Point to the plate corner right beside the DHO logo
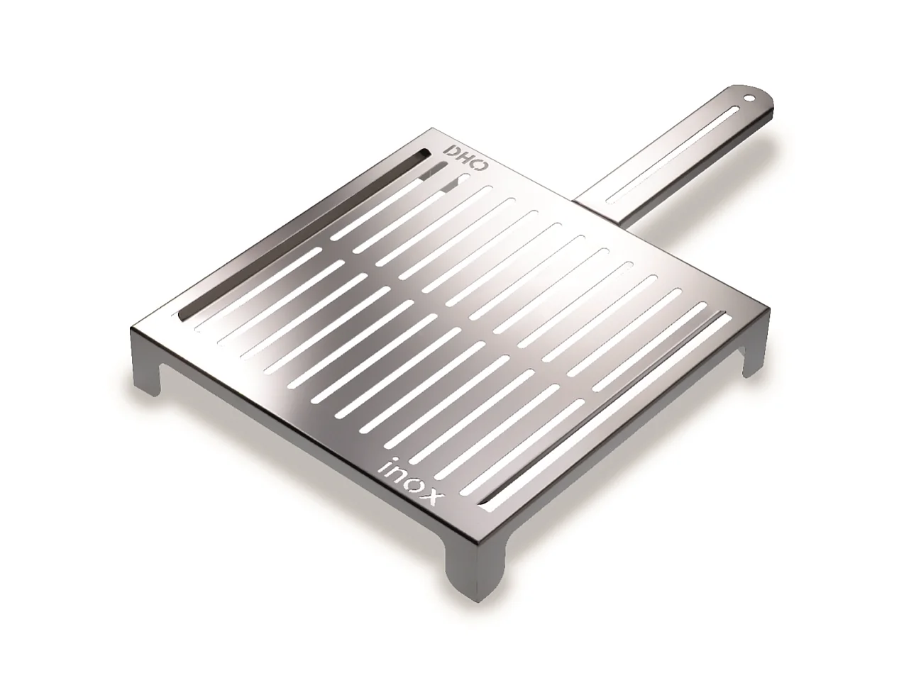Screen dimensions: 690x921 click(434, 130)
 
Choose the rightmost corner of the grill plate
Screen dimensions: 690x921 click(768, 310)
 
